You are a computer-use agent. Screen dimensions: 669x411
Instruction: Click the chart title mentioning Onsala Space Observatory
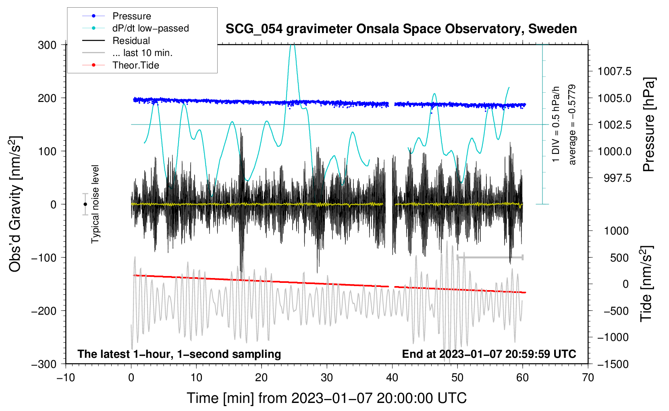401,29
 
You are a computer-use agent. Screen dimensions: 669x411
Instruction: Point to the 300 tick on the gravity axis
47,45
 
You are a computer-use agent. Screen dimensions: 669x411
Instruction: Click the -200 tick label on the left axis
44,311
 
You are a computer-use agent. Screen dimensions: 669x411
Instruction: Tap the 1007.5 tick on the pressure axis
615,71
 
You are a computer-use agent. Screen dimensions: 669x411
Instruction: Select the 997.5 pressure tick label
618,178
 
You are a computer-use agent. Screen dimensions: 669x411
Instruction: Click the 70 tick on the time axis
588,378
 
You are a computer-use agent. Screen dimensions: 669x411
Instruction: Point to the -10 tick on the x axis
66,378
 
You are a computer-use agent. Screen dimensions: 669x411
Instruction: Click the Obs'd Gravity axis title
15,204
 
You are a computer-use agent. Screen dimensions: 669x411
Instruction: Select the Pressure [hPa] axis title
649,125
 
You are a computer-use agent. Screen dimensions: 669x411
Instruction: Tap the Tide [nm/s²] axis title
647,284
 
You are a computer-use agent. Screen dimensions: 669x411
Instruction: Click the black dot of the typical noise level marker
85,204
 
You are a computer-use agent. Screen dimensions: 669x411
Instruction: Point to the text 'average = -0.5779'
572,125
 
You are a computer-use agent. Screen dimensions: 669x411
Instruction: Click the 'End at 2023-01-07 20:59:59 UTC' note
489,354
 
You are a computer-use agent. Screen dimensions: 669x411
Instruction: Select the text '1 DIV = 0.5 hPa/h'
555,125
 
